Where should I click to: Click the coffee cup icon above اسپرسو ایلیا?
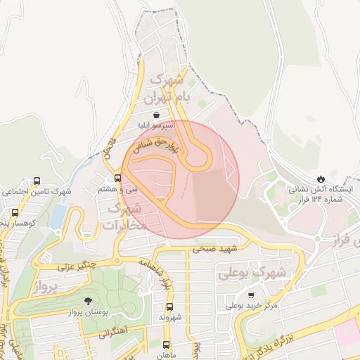pos(155,114)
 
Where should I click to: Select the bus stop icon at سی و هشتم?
pos(117,177)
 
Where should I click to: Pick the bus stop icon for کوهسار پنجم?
pos(15,212)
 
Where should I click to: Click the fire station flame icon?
pos(321,178)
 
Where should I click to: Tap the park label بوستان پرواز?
pos(87,312)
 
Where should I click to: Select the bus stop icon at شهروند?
pos(169,307)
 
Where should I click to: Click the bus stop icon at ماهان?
pos(167,345)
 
